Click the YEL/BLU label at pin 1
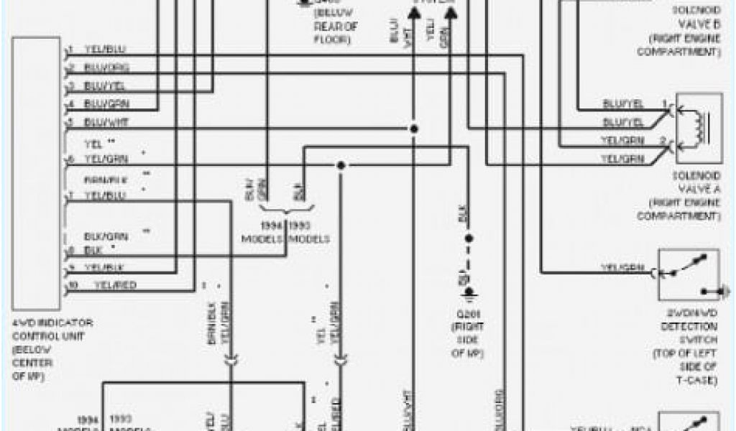click(x=105, y=50)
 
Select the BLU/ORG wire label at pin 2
click(x=106, y=68)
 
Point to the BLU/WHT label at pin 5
click(x=106, y=121)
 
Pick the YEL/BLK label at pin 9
click(x=105, y=268)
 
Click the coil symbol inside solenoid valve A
click(x=698, y=129)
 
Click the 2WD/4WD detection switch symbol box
click(x=689, y=274)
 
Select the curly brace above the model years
click(x=285, y=210)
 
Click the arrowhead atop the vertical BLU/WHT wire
click(x=414, y=12)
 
